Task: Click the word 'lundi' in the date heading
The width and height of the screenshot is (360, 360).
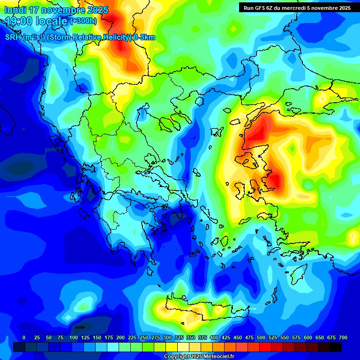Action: (16, 10)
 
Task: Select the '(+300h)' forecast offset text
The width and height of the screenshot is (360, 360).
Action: (83, 21)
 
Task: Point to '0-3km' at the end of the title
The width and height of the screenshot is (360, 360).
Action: (144, 37)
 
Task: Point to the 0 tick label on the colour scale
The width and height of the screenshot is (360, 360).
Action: (24, 337)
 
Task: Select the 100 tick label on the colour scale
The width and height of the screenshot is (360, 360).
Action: (74, 337)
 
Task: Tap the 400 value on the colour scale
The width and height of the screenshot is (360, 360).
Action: (214, 337)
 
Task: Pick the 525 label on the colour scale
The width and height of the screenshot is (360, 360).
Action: (273, 337)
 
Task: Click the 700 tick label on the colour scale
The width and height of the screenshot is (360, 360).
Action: (343, 337)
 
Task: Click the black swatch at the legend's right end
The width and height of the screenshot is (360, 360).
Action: (336, 347)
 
